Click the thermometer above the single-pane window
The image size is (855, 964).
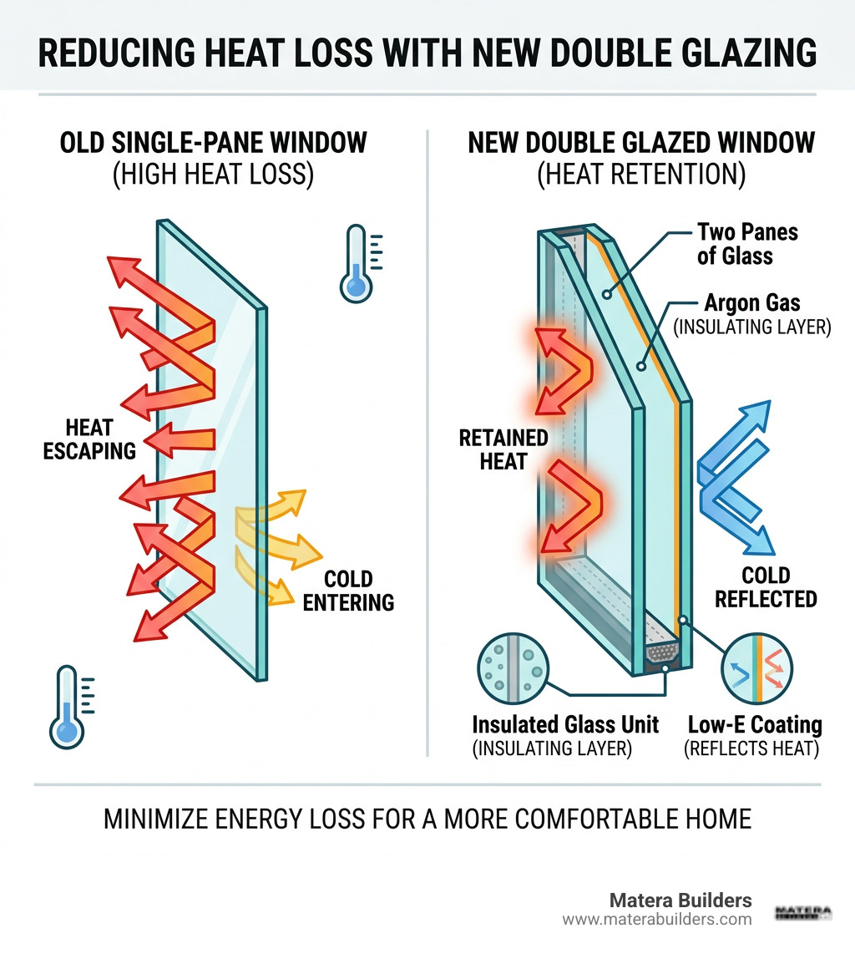coord(357,262)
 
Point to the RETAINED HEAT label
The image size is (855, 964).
coord(503,449)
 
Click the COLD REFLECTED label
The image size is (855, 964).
coord(765,586)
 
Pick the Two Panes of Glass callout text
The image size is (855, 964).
coord(746,244)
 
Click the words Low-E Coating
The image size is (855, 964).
coord(754,723)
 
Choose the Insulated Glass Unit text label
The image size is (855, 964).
coord(564,723)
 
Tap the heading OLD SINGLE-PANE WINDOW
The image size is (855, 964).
coord(213,142)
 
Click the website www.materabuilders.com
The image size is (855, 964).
coord(656,920)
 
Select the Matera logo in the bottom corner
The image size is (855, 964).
coord(803,911)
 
